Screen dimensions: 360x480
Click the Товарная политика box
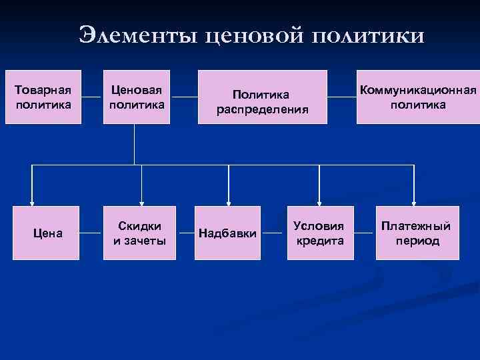point(43,97)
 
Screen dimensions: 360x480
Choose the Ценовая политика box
point(139,97)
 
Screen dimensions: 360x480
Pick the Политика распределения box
point(263,97)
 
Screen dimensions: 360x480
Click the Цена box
point(48,233)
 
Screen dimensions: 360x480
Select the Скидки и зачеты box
point(139,233)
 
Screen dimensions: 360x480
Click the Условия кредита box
point(319,233)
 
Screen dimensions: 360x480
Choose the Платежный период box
point(416,233)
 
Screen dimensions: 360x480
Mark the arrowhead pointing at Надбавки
point(229,202)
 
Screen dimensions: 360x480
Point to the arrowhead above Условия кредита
point(320,202)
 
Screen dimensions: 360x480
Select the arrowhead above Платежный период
point(415,202)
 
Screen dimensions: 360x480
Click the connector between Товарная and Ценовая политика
point(91,97)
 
